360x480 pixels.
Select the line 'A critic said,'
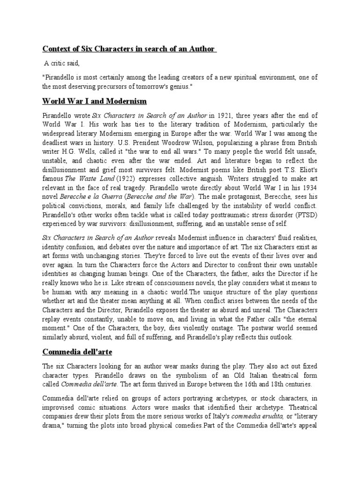tap(62, 62)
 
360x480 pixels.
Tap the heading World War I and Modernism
tap(95, 101)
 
